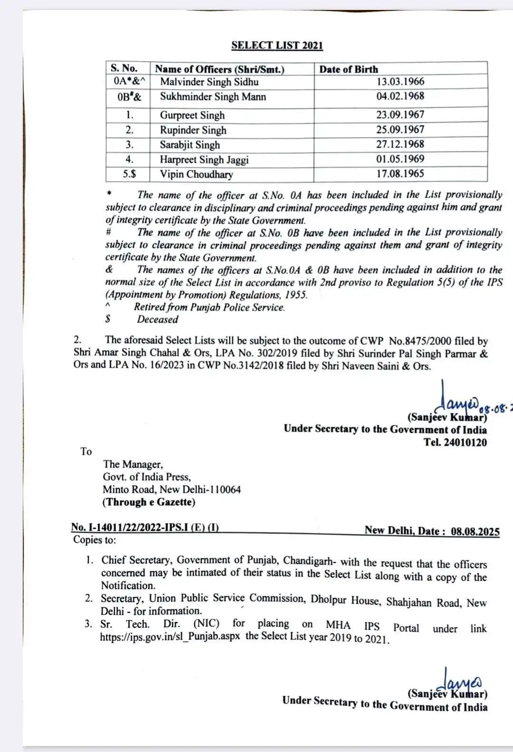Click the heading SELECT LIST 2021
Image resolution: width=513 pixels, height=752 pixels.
coord(277,46)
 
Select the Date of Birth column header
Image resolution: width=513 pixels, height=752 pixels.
coord(349,69)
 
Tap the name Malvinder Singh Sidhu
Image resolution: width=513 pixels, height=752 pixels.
coord(209,82)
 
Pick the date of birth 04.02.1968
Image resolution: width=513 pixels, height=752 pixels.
coord(400,96)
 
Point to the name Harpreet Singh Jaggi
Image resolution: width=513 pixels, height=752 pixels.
coord(204,160)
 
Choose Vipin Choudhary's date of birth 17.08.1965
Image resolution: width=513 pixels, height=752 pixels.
coord(400,173)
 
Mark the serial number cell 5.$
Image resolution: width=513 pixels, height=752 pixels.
coord(129,174)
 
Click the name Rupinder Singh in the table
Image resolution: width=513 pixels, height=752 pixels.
coord(193,130)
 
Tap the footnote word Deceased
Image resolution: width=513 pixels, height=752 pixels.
coord(157,319)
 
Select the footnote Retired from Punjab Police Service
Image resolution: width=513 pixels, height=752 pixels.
coord(209,307)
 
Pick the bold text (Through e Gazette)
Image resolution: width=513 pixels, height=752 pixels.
coord(149,502)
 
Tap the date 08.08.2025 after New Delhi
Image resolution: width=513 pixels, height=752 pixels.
coord(475,531)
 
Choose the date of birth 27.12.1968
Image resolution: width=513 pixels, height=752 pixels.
coord(400,144)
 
